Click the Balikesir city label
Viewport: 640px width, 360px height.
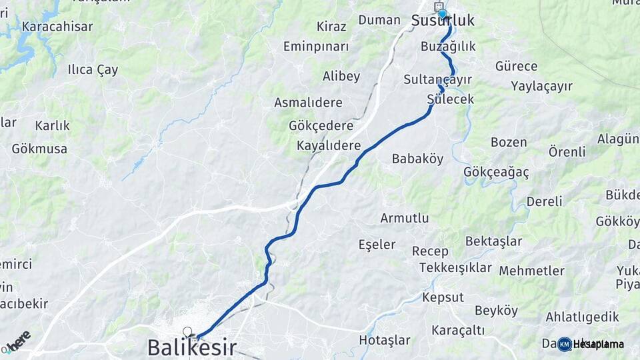pos(191,347)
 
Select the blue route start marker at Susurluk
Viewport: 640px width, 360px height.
pos(442,13)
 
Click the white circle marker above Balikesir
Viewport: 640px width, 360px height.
pos(187,331)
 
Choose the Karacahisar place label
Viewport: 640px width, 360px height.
pos(57,27)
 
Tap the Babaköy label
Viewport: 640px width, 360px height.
pos(417,159)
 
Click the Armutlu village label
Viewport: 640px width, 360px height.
pos(404,218)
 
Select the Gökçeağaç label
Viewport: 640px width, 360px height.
pos(496,172)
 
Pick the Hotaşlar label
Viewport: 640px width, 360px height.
pos(385,340)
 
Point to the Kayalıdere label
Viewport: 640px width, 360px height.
pos(329,145)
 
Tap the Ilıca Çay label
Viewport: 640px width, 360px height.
pos(93,69)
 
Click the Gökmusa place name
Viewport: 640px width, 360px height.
pos(39,149)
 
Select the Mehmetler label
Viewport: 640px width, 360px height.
pos(531,271)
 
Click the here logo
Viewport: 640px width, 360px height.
pos(18,341)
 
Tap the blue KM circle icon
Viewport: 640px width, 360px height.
pos(564,344)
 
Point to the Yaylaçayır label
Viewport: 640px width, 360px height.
pos(541,86)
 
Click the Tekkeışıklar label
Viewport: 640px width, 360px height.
pos(455,268)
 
